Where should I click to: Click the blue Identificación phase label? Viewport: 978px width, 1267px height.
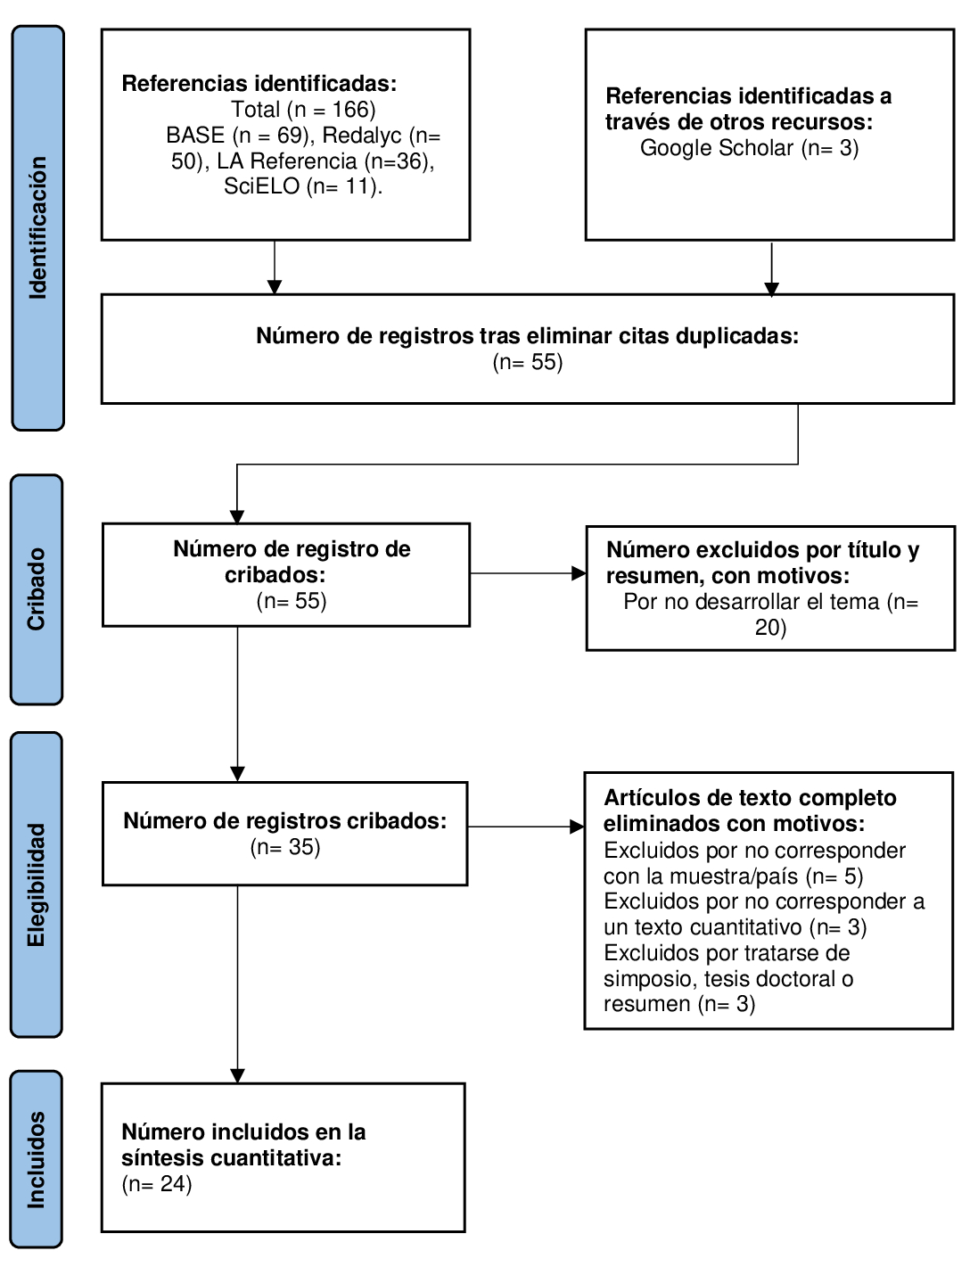(x=37, y=228)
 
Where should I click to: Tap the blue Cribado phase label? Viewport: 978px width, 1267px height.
(x=37, y=589)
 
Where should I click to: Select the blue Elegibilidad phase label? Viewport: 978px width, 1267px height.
(x=37, y=885)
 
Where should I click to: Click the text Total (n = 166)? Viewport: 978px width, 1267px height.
(x=303, y=110)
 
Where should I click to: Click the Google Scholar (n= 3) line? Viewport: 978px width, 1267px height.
(x=749, y=148)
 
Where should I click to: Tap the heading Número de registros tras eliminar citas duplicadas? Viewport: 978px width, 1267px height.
(x=528, y=336)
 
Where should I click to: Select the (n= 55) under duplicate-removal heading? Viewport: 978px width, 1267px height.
(x=528, y=362)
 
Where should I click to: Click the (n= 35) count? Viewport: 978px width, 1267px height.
(x=285, y=847)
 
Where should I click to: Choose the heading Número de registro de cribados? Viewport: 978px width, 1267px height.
(x=292, y=562)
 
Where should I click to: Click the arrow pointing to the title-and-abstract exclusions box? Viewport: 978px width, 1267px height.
(x=528, y=573)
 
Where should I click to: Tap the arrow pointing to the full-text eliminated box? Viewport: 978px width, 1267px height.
(x=526, y=827)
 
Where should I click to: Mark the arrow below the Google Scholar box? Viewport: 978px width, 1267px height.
(x=772, y=269)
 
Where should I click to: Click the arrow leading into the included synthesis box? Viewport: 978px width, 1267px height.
(x=237, y=984)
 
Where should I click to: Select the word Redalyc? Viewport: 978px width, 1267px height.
(x=362, y=136)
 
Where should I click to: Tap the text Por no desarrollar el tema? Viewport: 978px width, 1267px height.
(x=752, y=602)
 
